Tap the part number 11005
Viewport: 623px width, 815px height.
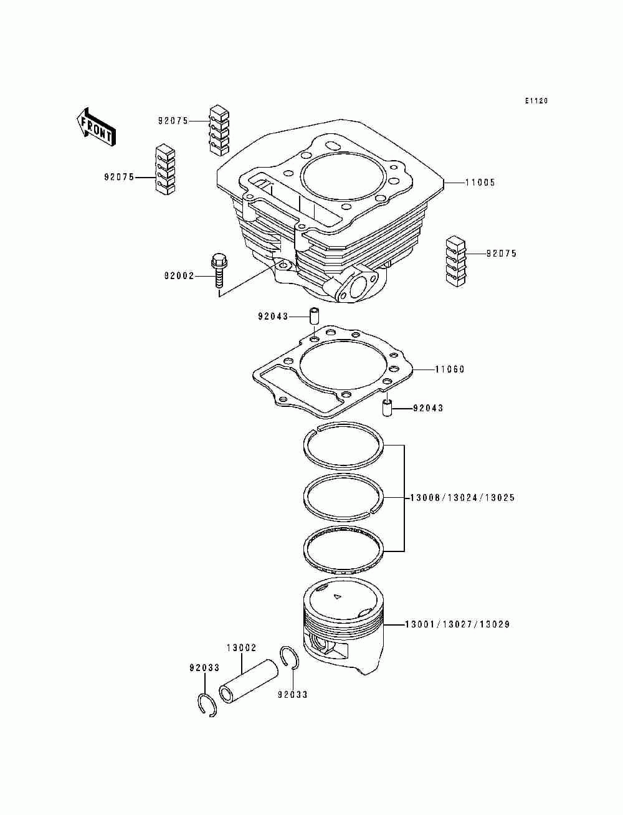click(480, 183)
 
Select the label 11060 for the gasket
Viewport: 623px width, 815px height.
click(449, 369)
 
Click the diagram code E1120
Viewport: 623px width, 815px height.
click(536, 101)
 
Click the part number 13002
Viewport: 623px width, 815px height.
click(241, 648)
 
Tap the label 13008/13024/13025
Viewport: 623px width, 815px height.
click(462, 498)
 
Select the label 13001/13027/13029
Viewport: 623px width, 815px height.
click(457, 624)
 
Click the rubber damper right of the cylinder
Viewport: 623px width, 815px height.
click(459, 262)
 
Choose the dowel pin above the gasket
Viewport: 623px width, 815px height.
click(315, 315)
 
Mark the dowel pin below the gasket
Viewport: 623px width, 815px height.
click(386, 409)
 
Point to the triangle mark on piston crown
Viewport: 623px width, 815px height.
click(337, 597)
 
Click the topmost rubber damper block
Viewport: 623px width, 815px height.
click(219, 129)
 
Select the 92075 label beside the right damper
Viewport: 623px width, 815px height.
click(502, 254)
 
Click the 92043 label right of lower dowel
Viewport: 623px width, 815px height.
click(428, 409)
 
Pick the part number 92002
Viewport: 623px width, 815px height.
click(179, 276)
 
